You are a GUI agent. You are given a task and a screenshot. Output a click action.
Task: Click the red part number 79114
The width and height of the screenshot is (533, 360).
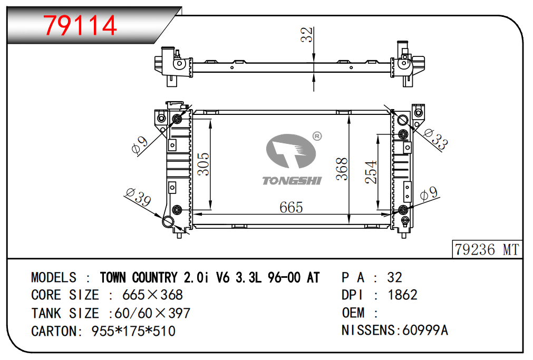(x=81, y=25)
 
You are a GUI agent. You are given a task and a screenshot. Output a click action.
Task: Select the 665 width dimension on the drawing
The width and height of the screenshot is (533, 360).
(x=291, y=208)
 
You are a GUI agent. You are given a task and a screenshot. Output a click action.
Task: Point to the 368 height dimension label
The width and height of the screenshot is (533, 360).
(x=342, y=169)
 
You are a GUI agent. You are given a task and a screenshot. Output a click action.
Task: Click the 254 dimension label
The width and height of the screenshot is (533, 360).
(x=371, y=172)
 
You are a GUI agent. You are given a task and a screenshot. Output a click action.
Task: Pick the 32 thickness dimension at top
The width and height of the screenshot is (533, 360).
(x=306, y=35)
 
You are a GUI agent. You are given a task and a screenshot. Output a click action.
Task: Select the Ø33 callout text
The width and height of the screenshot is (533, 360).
(x=435, y=139)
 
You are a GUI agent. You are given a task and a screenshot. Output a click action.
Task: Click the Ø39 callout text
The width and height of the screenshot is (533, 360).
(x=138, y=198)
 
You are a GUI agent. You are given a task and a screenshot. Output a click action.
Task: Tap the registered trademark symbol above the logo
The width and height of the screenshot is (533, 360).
(x=317, y=137)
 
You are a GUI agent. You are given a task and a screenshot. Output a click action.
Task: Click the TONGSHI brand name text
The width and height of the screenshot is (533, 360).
(x=292, y=181)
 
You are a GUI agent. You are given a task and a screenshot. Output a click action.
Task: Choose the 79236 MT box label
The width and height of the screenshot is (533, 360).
(x=487, y=249)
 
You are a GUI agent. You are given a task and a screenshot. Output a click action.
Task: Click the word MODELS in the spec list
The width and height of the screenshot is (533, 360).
(x=54, y=278)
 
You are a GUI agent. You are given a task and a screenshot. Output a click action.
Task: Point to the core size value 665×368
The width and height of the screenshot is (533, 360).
(x=152, y=295)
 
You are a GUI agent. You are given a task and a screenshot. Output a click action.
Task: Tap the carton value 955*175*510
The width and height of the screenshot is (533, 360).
(x=133, y=331)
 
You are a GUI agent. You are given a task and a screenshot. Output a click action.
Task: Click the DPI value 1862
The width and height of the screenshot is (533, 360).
(x=402, y=295)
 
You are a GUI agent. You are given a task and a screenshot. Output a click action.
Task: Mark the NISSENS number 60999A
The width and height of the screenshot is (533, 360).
(x=425, y=330)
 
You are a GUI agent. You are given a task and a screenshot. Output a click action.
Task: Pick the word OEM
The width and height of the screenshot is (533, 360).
(x=353, y=313)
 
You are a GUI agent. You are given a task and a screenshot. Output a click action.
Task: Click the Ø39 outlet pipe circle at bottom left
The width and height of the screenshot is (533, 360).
(x=168, y=222)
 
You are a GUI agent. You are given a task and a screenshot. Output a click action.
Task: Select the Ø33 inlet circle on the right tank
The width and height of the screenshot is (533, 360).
(x=403, y=120)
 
